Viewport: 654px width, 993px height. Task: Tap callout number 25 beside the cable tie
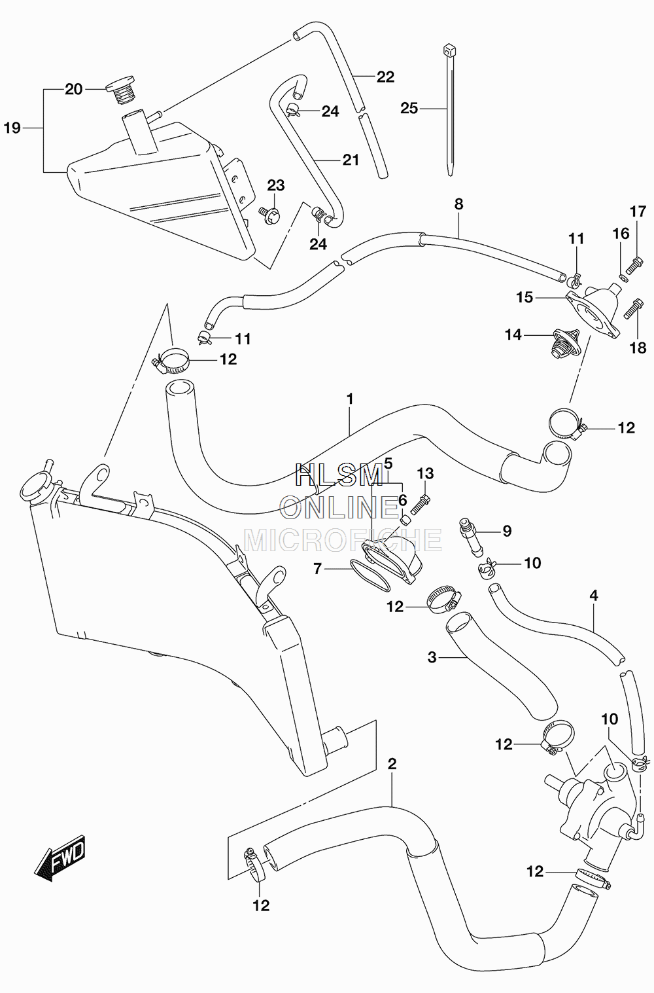pyautogui.click(x=409, y=108)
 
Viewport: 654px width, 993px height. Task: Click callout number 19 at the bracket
pyautogui.click(x=12, y=128)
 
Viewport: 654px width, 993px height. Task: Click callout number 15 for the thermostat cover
pyautogui.click(x=525, y=297)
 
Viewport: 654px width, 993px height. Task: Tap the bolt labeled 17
pyautogui.click(x=634, y=265)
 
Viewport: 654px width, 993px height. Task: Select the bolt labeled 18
pyautogui.click(x=633, y=308)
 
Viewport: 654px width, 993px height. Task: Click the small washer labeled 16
pyautogui.click(x=624, y=278)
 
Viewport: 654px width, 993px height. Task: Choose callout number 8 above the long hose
pyautogui.click(x=458, y=204)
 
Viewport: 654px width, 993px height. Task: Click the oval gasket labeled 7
pyautogui.click(x=370, y=575)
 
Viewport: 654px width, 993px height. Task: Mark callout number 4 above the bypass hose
pyautogui.click(x=594, y=596)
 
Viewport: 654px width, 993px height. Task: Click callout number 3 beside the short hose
pyautogui.click(x=432, y=657)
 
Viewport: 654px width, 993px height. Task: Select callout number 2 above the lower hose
pyautogui.click(x=392, y=765)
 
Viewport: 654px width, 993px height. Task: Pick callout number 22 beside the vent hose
pyautogui.click(x=385, y=77)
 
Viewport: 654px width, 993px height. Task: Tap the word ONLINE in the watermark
pyautogui.click(x=339, y=507)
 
